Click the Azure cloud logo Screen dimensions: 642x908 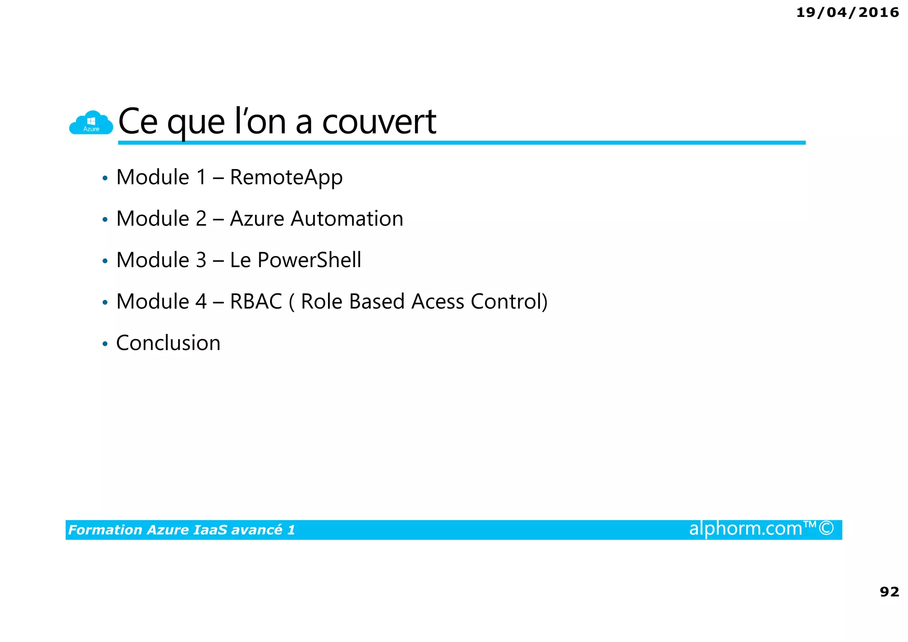(x=91, y=123)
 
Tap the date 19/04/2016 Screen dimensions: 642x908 (x=847, y=12)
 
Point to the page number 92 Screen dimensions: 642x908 (x=889, y=591)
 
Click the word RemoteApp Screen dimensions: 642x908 (x=286, y=177)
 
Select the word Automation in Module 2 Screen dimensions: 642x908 (x=347, y=219)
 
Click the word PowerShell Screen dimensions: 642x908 (x=309, y=260)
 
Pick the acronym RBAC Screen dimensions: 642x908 (x=256, y=302)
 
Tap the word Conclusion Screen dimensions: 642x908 (x=168, y=343)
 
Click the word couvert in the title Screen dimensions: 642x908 (x=379, y=122)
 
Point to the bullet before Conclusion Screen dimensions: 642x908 (x=105, y=344)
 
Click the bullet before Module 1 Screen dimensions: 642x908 (x=105, y=178)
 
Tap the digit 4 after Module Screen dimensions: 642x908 (x=201, y=302)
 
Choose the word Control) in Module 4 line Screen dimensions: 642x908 (x=509, y=302)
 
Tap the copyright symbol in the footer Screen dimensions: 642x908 (x=826, y=528)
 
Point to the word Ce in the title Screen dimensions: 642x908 (x=138, y=122)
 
